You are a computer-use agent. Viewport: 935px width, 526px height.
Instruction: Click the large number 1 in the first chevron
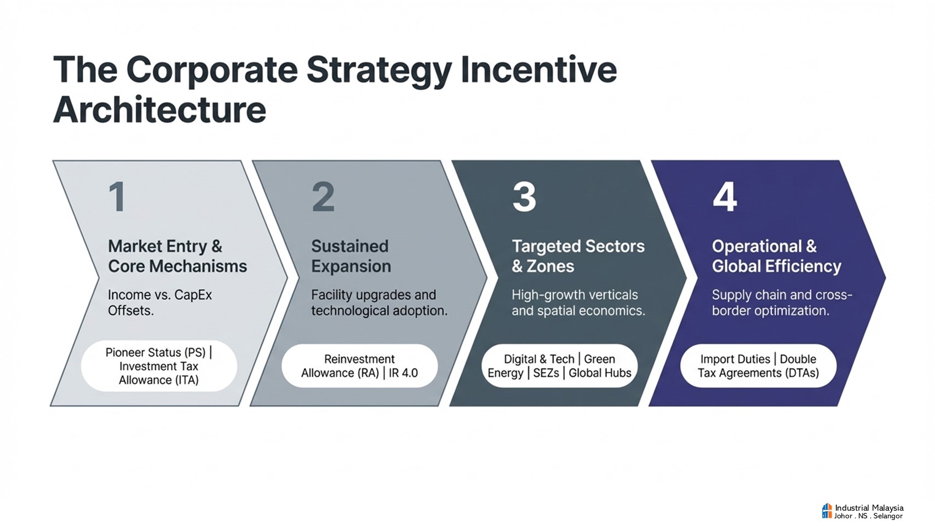tap(117, 197)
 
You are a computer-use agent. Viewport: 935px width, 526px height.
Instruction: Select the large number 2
tap(323, 197)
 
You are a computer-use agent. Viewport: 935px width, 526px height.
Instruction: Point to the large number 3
tap(524, 197)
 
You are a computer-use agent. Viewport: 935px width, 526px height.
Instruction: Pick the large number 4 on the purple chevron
tap(725, 197)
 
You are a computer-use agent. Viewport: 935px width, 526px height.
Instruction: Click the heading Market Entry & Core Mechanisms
tap(177, 256)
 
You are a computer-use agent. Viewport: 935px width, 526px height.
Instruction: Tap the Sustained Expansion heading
tap(351, 256)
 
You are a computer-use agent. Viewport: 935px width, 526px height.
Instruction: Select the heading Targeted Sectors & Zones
tap(578, 256)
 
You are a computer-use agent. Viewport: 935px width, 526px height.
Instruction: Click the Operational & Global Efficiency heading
tap(776, 256)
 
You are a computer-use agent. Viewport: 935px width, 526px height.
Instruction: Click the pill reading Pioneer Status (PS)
tap(159, 366)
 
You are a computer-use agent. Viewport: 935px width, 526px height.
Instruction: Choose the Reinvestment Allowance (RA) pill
tap(359, 366)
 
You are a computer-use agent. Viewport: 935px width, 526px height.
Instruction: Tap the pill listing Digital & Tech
tap(559, 366)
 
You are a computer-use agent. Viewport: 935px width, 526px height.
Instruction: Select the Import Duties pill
tap(759, 366)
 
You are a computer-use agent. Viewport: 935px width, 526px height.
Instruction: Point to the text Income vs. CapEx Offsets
tap(160, 302)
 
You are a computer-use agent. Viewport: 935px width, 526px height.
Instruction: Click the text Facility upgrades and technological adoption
tap(379, 302)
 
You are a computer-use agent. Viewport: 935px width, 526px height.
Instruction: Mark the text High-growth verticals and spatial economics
tap(578, 302)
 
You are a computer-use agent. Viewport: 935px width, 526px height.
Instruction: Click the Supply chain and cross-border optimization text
tap(782, 302)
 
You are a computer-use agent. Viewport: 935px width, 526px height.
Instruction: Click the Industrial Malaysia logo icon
tap(827, 511)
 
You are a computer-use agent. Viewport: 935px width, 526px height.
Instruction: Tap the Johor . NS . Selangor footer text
tap(868, 516)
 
